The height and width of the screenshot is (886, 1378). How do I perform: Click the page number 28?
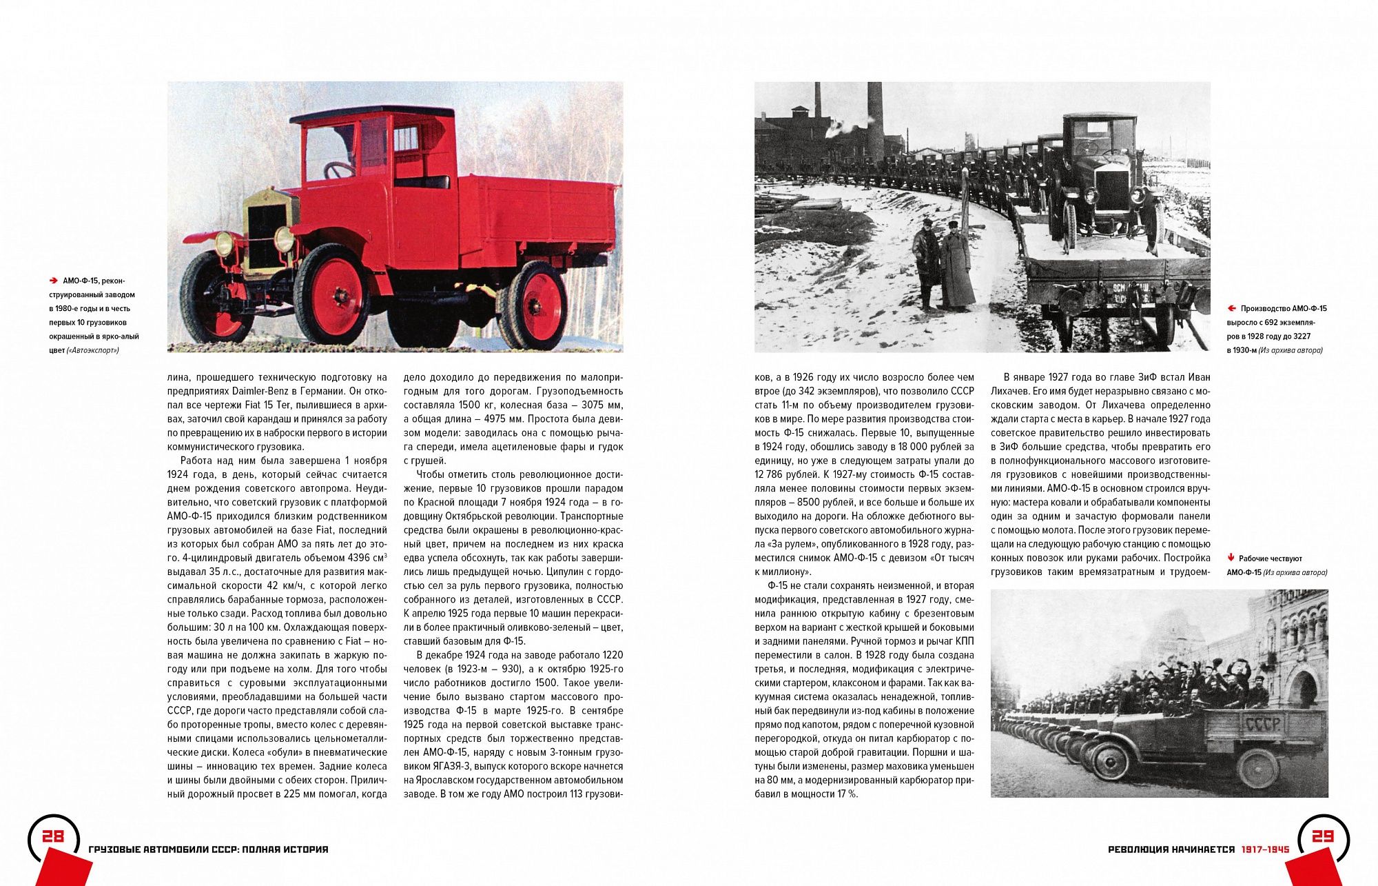tap(52, 836)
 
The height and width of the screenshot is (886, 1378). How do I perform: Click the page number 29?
tap(1323, 836)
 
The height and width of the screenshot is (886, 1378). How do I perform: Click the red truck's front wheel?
tap(332, 294)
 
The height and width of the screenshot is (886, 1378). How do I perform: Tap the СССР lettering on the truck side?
tap(1262, 724)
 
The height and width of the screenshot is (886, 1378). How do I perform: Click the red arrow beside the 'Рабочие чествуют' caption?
tap(1231, 558)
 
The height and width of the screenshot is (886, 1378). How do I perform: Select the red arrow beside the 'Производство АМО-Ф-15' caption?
tap(1231, 309)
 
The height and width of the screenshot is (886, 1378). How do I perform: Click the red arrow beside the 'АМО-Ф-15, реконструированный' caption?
tap(53, 281)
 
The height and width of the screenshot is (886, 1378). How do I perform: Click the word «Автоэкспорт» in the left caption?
tap(93, 350)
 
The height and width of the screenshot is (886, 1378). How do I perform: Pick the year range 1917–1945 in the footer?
tap(1265, 849)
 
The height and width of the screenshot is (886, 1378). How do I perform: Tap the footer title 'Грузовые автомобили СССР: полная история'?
tap(209, 849)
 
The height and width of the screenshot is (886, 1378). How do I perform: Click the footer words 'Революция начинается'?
tap(1171, 849)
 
